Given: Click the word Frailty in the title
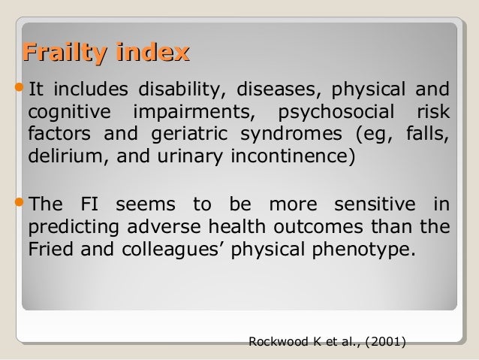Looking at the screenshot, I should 65,53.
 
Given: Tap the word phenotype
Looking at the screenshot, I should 371,250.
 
